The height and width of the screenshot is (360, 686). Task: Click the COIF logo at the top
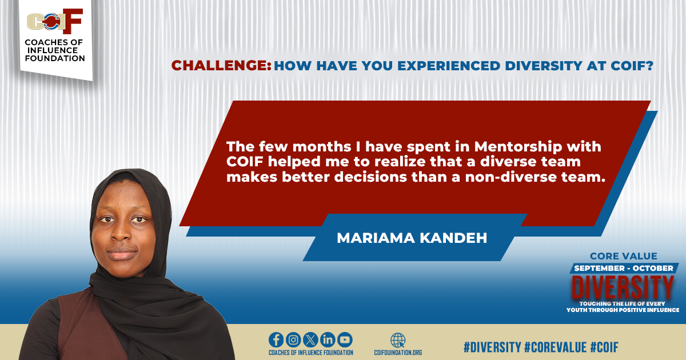(55, 22)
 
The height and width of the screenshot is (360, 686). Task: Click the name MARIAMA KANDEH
(412, 238)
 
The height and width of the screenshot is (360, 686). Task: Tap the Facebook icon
(276, 339)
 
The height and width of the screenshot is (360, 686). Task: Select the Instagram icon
(293, 339)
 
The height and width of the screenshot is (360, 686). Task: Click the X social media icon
(310, 339)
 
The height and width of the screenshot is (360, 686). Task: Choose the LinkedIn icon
(328, 339)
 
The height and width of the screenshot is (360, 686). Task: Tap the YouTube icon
(345, 339)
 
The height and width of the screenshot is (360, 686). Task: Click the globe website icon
(398, 339)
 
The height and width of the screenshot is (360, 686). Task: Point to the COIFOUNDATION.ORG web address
(398, 353)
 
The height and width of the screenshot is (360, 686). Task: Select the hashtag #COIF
(604, 347)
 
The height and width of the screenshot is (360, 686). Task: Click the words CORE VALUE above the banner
(623, 256)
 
